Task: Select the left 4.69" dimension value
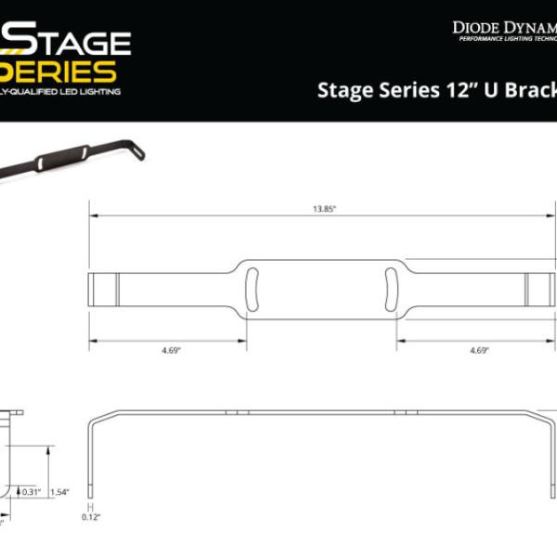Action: [x=168, y=351]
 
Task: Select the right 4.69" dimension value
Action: [x=479, y=351]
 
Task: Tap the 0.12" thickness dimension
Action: [x=91, y=518]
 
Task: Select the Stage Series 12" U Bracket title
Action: [x=436, y=90]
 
